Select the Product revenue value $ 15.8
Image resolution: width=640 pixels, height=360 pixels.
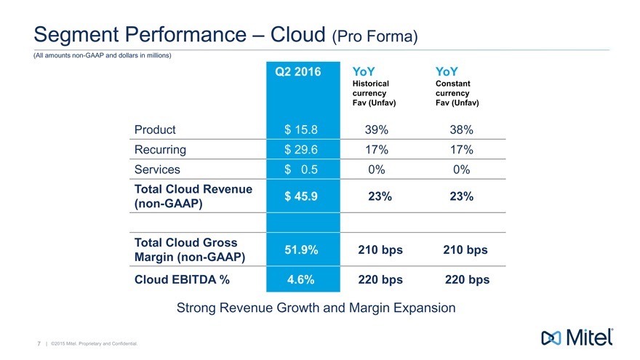[301, 130]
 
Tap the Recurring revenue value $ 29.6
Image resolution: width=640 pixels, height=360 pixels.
[301, 150]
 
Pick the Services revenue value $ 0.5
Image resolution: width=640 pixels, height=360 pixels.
[301, 169]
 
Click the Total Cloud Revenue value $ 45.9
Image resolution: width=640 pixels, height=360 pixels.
[301, 196]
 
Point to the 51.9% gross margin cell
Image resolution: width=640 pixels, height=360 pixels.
[301, 249]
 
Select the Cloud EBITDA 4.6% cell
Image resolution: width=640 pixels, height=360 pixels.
[301, 279]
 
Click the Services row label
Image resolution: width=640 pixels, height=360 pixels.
[157, 169]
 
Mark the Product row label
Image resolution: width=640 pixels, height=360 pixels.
[155, 130]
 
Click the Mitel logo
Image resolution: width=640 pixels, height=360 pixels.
[579, 337]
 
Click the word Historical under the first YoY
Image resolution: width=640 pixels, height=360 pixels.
[370, 84]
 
